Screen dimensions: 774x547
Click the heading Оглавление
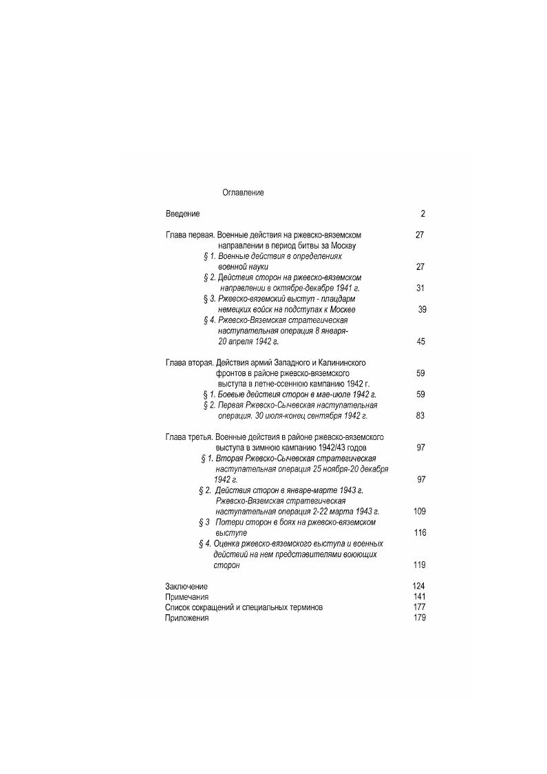(243, 193)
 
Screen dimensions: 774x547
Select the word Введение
(182, 214)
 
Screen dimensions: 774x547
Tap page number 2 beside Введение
(423, 214)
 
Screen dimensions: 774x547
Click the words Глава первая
(186, 235)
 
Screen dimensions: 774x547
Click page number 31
(420, 288)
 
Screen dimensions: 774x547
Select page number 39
(422, 309)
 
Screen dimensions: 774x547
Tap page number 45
(420, 341)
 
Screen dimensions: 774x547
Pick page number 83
(420, 415)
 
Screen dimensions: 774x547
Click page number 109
(420, 512)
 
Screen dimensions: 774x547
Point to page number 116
(420, 532)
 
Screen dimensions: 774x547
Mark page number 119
(420, 565)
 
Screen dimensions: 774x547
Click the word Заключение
(186, 586)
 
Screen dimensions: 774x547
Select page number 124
(419, 586)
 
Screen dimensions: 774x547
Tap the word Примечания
(186, 597)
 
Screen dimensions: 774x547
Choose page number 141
(419, 597)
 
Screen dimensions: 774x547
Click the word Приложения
(186, 618)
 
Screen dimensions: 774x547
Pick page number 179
(419, 618)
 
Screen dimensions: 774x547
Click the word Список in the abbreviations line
(179, 607)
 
